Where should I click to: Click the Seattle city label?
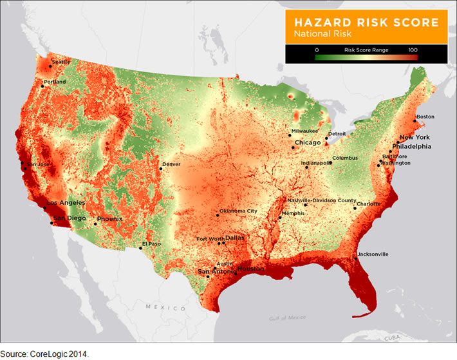(x=61, y=62)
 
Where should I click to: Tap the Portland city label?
(x=55, y=82)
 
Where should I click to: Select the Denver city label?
(x=172, y=164)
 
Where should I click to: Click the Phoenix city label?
(x=110, y=219)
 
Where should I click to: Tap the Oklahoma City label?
(x=238, y=211)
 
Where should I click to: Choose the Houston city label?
(x=250, y=269)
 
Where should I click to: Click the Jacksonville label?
(x=373, y=254)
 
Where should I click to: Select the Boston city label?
(x=425, y=117)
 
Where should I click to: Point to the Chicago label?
(x=308, y=142)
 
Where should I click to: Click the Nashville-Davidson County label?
(x=321, y=200)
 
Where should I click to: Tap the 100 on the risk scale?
(x=413, y=49)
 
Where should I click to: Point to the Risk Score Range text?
(x=364, y=49)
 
